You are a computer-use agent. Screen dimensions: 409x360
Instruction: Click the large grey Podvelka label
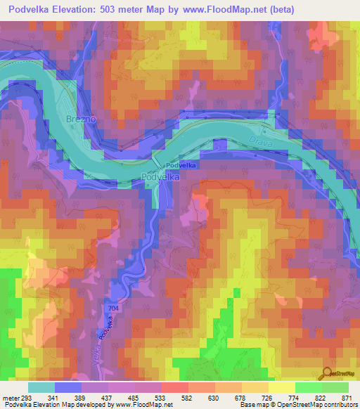161,178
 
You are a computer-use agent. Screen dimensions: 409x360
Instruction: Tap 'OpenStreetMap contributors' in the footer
321,405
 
